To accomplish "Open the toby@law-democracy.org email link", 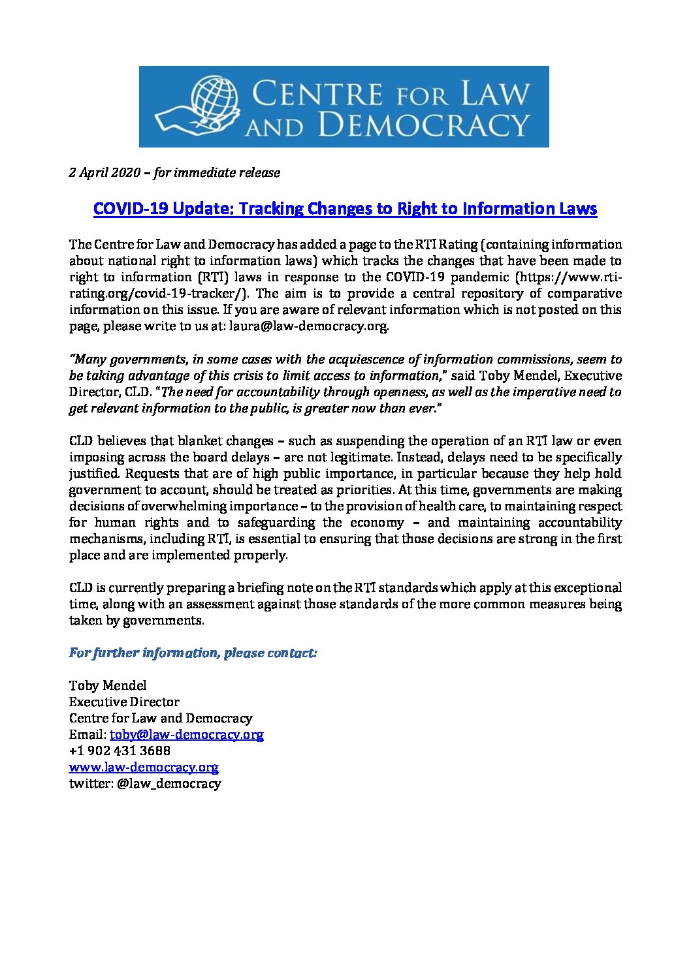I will click(x=187, y=734).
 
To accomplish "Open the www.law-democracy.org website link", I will click(x=144, y=767).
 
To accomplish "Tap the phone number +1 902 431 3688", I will click(x=120, y=751).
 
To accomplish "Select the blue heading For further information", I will click(x=193, y=653).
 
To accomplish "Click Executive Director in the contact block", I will click(x=124, y=702).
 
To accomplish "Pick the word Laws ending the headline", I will click(x=577, y=209).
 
